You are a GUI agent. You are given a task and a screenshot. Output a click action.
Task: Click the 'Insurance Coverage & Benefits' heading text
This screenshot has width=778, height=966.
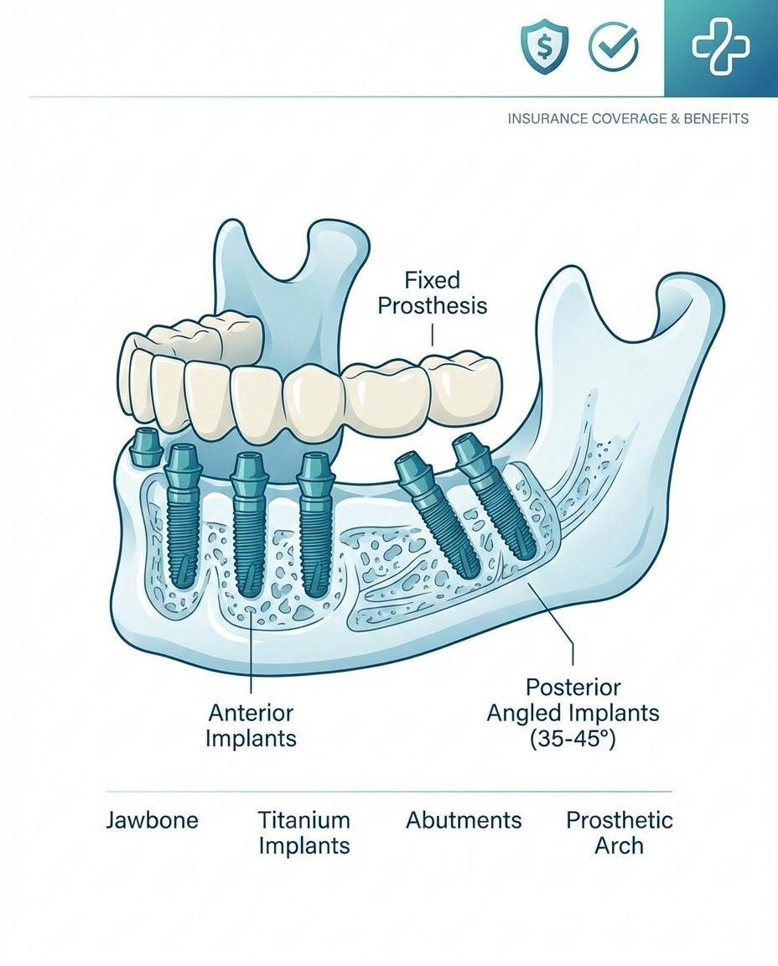point(628,119)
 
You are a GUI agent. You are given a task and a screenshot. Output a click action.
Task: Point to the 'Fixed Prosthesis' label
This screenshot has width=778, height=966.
point(432,291)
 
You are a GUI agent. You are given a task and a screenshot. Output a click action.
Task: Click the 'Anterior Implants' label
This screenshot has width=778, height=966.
point(252,725)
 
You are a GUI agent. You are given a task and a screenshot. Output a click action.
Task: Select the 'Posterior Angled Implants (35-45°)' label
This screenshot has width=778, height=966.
point(574,713)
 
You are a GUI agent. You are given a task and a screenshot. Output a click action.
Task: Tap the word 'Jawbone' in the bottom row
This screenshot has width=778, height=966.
point(152,819)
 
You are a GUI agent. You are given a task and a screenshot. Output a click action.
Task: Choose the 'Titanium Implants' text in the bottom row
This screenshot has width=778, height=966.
point(303,832)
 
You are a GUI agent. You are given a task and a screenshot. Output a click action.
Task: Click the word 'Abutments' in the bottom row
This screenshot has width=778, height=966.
point(464,819)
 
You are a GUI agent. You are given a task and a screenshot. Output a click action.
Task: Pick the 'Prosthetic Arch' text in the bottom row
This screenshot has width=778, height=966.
point(619,832)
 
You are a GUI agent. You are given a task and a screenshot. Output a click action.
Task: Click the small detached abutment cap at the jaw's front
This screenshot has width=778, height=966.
point(148,447)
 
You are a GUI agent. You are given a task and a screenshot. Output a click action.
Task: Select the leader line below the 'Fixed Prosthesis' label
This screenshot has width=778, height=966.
point(433,335)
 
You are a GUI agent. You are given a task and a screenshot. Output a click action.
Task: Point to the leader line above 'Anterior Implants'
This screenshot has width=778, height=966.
point(252,662)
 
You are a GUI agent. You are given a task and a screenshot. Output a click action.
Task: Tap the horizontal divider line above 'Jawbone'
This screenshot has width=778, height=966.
point(388,791)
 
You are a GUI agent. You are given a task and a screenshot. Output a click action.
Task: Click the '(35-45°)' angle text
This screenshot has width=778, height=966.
point(573,740)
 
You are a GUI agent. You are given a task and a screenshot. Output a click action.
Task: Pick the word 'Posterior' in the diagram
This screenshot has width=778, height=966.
point(573,687)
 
